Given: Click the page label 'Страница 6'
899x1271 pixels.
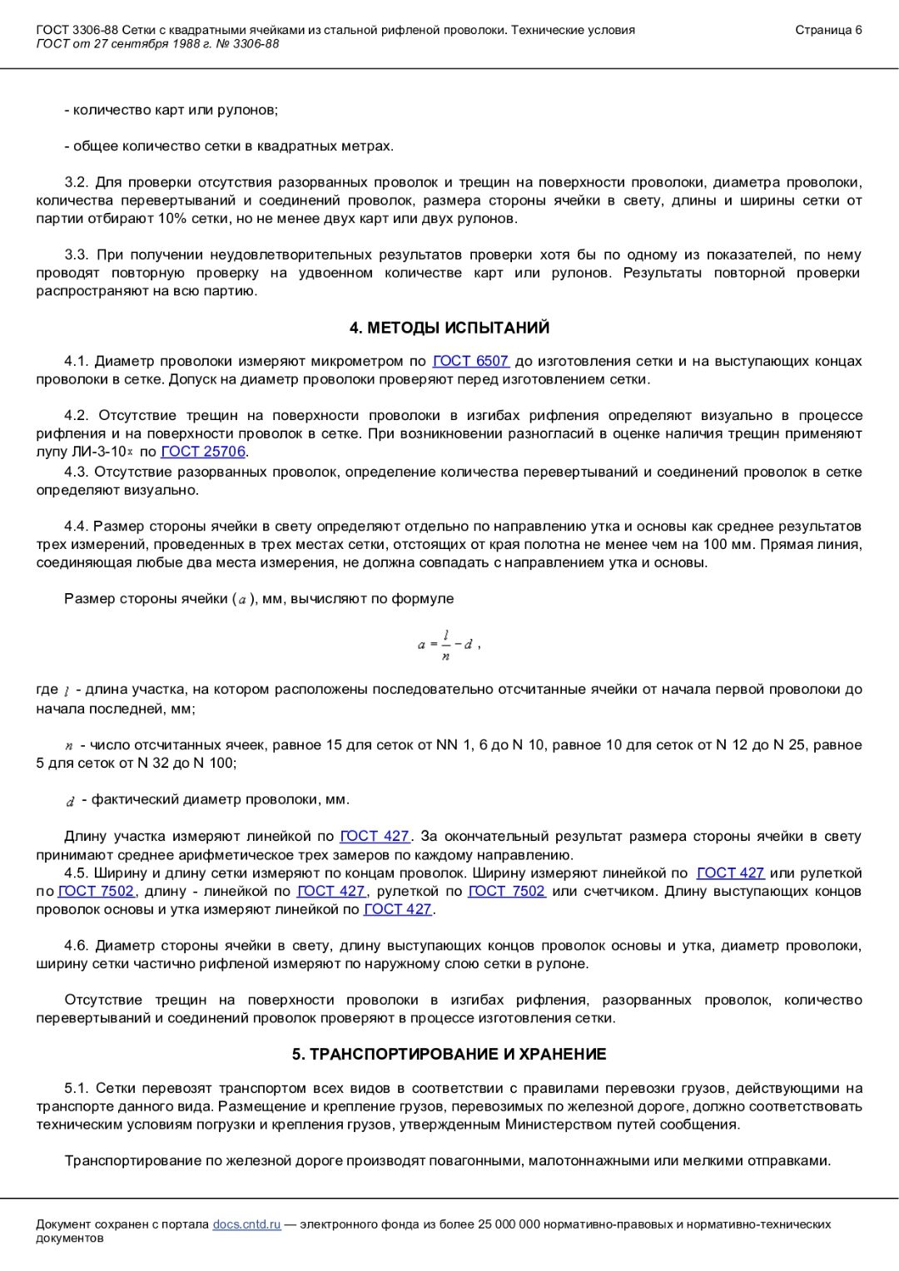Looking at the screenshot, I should click(x=828, y=30).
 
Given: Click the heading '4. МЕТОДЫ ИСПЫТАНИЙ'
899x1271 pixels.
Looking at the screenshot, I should click(x=449, y=328).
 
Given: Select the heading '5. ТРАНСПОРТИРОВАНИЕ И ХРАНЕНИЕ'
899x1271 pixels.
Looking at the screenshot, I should click(x=449, y=1054).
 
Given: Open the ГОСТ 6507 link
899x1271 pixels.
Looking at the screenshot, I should click(x=470, y=361).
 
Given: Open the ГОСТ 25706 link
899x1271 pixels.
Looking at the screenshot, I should click(x=203, y=452).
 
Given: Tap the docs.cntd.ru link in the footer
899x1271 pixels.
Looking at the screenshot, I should click(x=246, y=1224).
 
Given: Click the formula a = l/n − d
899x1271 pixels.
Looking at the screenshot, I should click(x=448, y=645).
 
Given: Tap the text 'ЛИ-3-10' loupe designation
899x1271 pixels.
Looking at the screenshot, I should click(x=101, y=452).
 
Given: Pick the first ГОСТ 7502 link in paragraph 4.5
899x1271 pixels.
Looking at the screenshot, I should click(x=96, y=891).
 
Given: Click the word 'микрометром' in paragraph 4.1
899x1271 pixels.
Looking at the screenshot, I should click(x=359, y=361).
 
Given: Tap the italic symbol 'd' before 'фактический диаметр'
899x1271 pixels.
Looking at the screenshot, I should click(x=71, y=801).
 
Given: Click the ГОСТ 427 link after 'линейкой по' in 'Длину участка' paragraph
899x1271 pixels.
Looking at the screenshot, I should click(x=375, y=836).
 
